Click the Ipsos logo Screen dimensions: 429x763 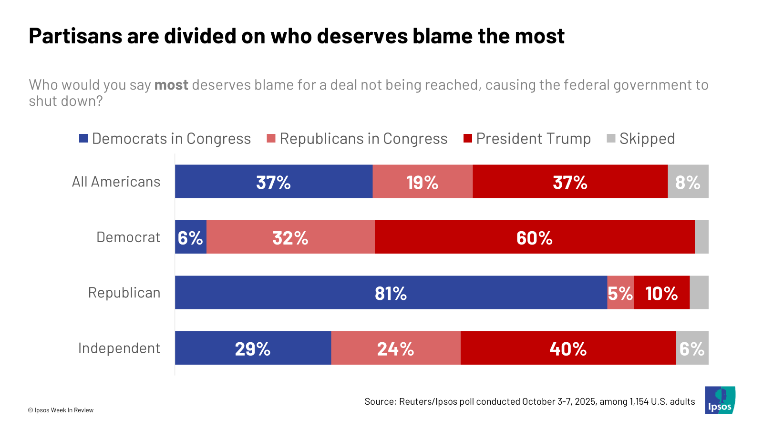pos(720,400)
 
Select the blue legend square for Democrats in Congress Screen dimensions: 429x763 pos(83,139)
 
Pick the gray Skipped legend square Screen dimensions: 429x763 pos(611,139)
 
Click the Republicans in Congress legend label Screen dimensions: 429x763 pos(363,139)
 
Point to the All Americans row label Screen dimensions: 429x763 pos(116,182)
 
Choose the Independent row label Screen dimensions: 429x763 pos(119,348)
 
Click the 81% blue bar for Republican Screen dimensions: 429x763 pos(391,293)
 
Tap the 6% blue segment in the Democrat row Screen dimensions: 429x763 pos(191,237)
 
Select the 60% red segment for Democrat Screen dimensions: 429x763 pos(535,237)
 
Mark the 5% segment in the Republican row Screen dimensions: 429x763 pos(620,293)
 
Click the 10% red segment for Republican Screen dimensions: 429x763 pos(662,293)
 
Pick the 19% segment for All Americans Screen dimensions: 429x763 pos(423,182)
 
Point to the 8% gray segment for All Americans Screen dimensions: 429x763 pos(688,182)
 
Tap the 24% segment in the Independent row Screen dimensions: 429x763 pos(396,348)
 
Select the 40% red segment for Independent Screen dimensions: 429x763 pos(568,348)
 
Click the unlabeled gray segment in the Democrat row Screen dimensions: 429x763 pos(701,237)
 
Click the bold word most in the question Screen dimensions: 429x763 pos(171,85)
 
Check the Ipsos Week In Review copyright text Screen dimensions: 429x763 pos(61,410)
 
